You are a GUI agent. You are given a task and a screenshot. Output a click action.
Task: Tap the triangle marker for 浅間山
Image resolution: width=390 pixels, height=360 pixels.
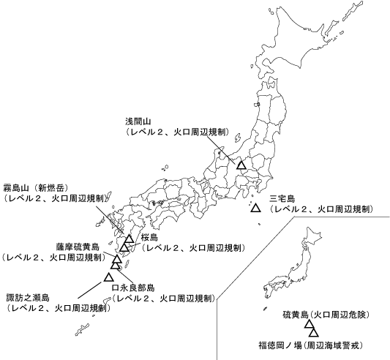pos(241,165)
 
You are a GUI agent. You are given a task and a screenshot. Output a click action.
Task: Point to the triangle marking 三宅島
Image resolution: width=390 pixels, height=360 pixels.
pos(255,209)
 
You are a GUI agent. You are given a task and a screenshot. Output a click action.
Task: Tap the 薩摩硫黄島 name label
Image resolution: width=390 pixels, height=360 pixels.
pos(78,247)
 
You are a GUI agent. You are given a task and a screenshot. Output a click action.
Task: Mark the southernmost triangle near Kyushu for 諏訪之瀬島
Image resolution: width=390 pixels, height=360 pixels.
pos(108,277)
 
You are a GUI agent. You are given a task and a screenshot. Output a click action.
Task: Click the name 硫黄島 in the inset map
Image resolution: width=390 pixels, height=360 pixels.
pos(295,314)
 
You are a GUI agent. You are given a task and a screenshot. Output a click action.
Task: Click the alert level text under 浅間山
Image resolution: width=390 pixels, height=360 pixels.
pos(178,132)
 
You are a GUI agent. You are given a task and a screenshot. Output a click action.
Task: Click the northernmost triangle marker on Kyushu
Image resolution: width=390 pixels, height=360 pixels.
pos(129,239)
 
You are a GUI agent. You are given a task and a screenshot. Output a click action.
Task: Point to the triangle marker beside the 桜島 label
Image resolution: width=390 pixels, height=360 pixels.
pos(124,247)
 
